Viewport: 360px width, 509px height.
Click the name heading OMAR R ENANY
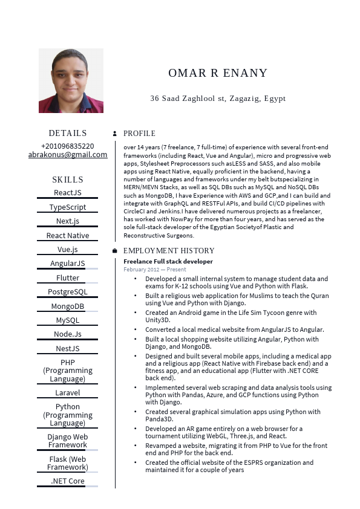click(x=218, y=73)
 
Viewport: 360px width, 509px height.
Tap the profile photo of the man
click(x=71, y=80)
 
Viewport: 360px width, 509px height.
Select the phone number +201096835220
click(x=68, y=146)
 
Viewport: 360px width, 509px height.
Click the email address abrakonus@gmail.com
click(x=68, y=155)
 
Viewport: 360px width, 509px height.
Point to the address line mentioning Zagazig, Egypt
click(x=218, y=99)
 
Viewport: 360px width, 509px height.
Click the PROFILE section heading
click(x=139, y=134)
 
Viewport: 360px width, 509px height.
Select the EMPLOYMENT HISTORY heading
click(x=169, y=251)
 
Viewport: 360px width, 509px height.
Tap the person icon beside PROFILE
click(x=115, y=134)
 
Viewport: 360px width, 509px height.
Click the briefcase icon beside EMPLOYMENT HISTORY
click(x=115, y=251)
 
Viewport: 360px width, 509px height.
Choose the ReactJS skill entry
click(x=68, y=193)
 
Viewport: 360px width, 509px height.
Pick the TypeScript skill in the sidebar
click(x=68, y=207)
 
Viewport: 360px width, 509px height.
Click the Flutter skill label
click(x=68, y=278)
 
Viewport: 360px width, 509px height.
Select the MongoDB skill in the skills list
click(x=68, y=306)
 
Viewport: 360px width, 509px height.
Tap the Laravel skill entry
click(x=68, y=393)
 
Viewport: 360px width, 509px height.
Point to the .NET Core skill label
click(x=68, y=481)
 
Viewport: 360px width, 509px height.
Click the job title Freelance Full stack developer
click(x=168, y=261)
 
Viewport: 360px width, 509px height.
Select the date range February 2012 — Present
click(x=155, y=270)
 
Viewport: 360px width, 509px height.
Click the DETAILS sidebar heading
click(x=68, y=134)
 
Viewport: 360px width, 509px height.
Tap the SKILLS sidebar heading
click(x=68, y=180)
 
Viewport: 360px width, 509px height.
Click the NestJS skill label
click(x=68, y=349)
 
